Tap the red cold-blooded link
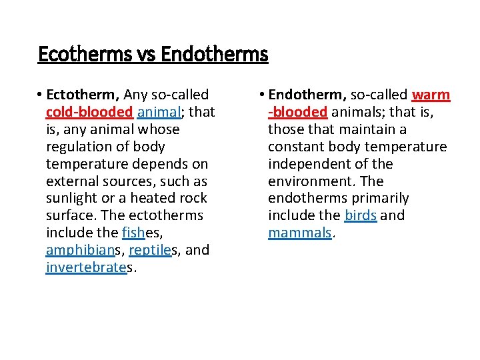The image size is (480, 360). coord(89,112)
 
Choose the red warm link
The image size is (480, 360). coord(431,95)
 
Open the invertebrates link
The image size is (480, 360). coord(86,268)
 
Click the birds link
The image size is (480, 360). coord(361,216)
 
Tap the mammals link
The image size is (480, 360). coord(299,233)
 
